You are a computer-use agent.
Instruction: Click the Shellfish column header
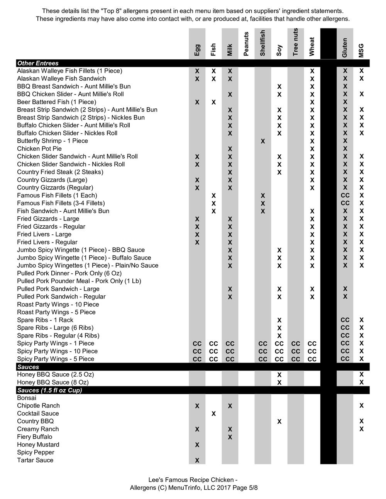[263, 43]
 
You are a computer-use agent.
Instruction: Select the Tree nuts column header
[296, 42]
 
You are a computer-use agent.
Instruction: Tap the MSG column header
[361, 51]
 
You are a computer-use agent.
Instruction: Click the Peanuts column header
[246, 44]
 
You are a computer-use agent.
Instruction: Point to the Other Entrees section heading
[38, 63]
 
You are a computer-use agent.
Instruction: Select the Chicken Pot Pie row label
[39, 149]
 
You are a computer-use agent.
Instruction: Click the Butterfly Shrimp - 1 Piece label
[52, 141]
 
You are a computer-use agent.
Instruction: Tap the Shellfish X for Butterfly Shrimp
[263, 141]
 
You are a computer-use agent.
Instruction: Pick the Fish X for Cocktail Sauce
[213, 414]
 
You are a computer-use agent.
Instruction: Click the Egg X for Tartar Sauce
[197, 460]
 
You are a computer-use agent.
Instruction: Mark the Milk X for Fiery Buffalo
[230, 437]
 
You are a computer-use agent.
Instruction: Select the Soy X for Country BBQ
[279, 421]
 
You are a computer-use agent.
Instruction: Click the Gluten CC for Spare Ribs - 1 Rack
[345, 320]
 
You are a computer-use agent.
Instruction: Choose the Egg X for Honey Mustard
[197, 445]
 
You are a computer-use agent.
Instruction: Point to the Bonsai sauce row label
[27, 398]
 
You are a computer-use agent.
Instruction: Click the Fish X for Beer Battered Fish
[213, 102]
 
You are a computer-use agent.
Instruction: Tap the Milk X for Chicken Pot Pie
[230, 149]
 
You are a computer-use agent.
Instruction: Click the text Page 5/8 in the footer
[243, 488]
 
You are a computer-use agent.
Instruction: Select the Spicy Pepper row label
[36, 452]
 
